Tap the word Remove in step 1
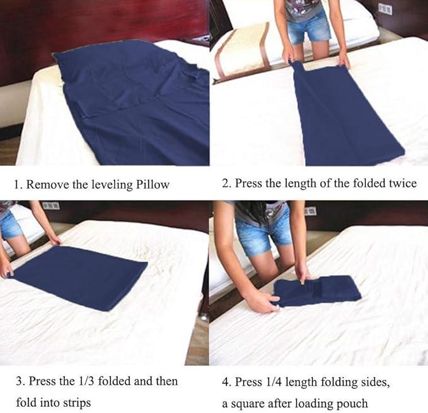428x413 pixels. point(45,185)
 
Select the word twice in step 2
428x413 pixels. point(401,183)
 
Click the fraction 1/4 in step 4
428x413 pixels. point(274,382)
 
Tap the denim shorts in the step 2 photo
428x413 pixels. point(309,32)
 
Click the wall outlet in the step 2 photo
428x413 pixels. point(385,9)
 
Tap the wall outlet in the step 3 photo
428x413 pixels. point(50,206)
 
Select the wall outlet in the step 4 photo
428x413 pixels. point(310,211)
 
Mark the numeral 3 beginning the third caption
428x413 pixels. point(19,381)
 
